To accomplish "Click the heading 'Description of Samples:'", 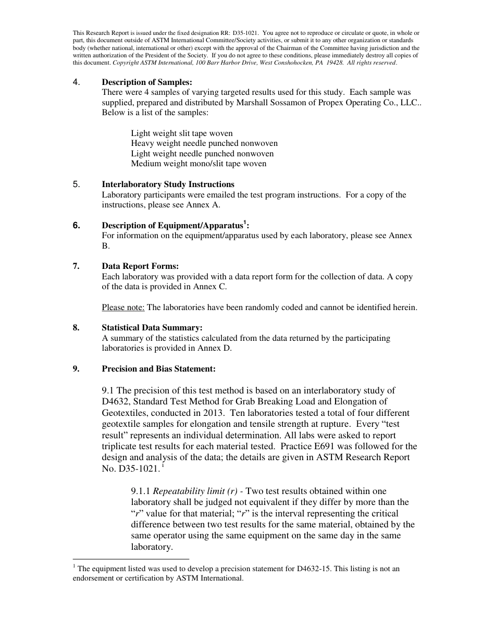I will tap(147, 82).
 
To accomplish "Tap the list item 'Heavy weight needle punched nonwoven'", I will tap(204, 143).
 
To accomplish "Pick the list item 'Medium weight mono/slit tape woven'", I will tap(199, 164).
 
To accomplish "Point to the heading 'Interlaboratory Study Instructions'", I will tap(168, 184).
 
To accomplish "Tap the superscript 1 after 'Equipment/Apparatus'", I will tap(245, 223).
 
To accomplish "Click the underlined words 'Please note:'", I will tap(123, 307).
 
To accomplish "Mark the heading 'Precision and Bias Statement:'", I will tap(158, 369).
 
